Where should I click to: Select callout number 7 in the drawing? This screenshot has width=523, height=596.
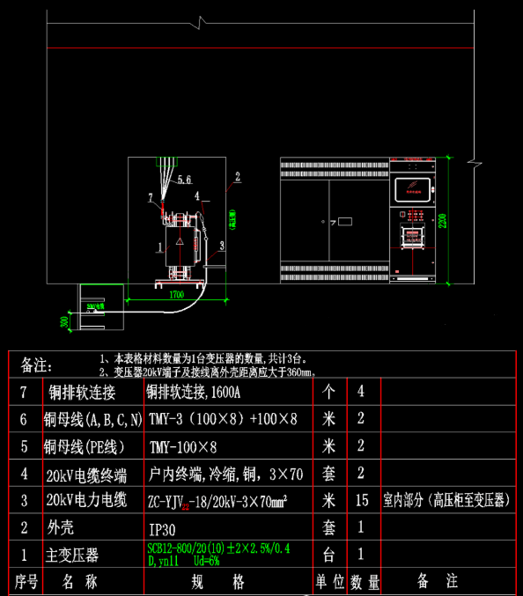click(151, 195)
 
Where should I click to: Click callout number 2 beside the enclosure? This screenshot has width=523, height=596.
click(237, 176)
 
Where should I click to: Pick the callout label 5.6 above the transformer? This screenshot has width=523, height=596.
click(184, 180)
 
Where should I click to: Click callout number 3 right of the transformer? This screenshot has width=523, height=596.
click(222, 244)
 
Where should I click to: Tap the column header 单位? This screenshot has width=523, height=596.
click(328, 582)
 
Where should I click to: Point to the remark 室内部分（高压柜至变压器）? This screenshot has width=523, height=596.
click(447, 501)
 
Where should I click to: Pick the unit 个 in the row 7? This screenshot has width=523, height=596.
click(328, 390)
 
